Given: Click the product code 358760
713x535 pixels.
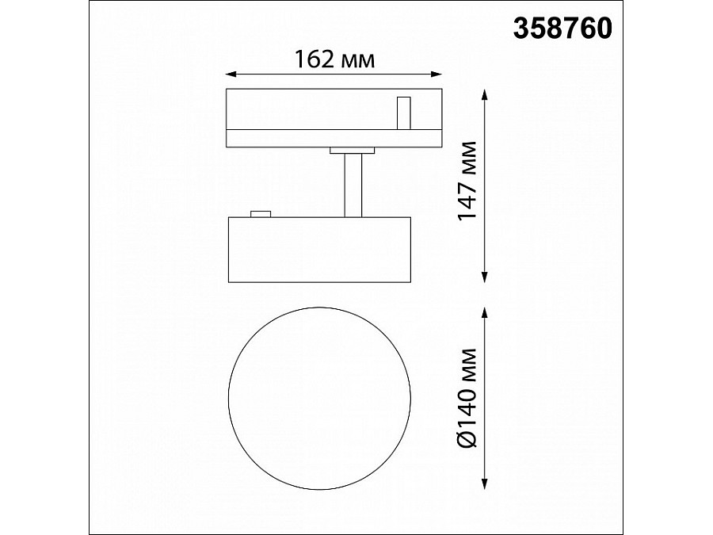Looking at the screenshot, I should click(563, 29).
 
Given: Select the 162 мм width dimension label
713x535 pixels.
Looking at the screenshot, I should click(334, 59).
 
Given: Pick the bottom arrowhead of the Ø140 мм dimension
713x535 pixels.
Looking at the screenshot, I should click(485, 484).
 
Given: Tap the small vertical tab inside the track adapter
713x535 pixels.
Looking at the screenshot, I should click(404, 112).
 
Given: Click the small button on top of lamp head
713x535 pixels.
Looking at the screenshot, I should click(261, 212).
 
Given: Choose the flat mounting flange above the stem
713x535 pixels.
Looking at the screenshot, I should click(353, 149).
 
